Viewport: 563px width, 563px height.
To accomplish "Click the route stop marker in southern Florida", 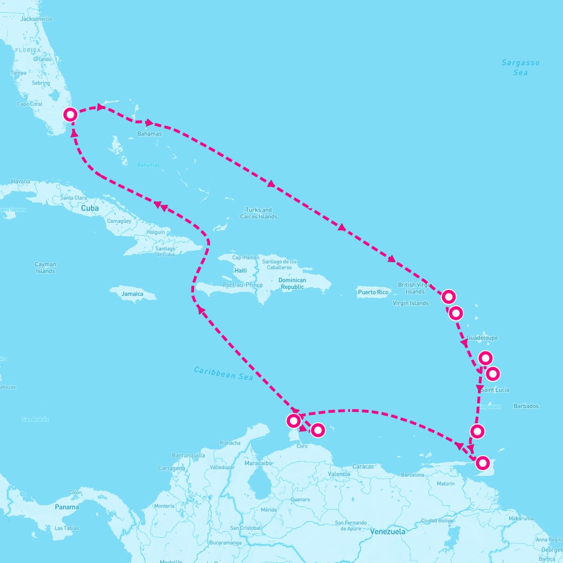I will click(70, 114).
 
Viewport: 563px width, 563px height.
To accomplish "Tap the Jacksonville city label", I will click(36, 19).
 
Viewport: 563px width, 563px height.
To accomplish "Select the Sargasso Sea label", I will click(520, 67).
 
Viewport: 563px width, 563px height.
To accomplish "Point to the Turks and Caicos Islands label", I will click(259, 213).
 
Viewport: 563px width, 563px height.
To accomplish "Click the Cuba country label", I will click(90, 208).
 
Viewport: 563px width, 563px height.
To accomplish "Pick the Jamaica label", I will click(132, 294).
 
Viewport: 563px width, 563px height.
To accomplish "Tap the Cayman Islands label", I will click(46, 267).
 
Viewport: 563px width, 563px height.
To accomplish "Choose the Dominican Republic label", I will click(292, 283).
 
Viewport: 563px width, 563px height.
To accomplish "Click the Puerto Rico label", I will click(373, 292).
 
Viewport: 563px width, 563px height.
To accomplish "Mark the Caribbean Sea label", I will click(223, 373).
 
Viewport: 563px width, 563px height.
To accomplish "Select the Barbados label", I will click(526, 406).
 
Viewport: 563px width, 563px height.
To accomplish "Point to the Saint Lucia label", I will click(495, 390).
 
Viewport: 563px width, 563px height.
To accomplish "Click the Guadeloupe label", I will click(482, 338).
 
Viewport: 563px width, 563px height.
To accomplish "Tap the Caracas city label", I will click(363, 466).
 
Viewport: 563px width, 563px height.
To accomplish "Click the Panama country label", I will click(67, 507).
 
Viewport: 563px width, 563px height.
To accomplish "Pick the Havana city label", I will click(21, 182).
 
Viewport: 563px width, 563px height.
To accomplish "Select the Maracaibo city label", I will click(258, 463).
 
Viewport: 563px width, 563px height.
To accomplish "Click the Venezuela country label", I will click(388, 532).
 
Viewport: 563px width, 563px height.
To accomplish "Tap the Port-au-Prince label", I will click(243, 285).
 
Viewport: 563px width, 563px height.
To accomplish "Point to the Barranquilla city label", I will click(188, 455).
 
